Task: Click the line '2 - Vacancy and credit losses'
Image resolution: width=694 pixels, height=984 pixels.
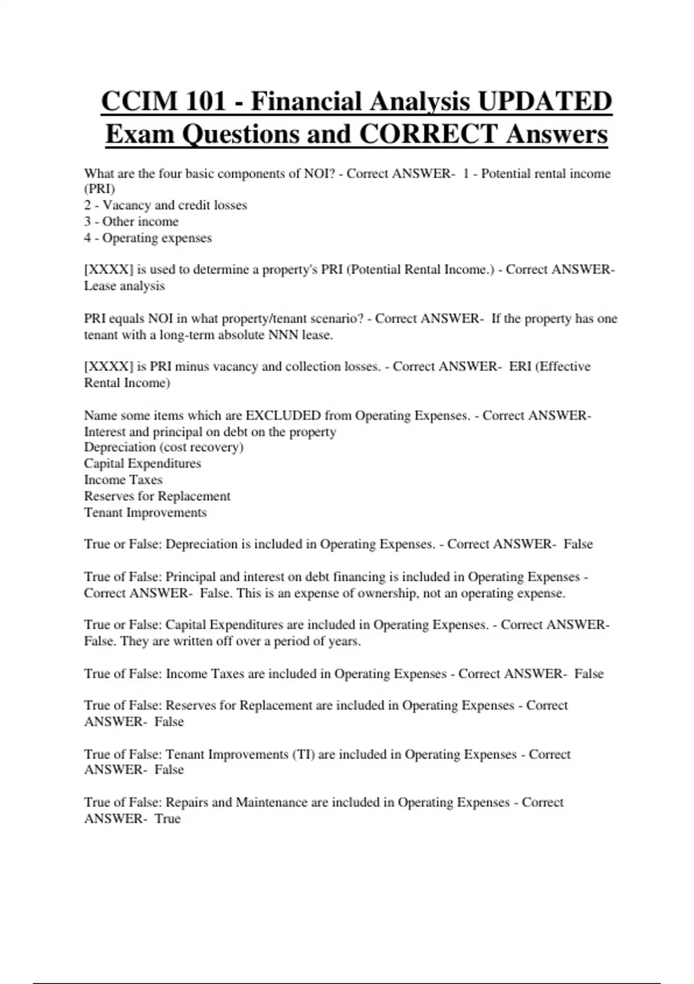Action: [165, 205]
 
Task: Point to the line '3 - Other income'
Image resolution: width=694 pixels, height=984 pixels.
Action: [131, 222]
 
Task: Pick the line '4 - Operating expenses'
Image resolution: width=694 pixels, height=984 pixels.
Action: [148, 238]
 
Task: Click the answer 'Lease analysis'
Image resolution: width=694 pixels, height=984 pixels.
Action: [124, 286]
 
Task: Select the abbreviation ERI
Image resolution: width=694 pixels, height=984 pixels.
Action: [520, 366]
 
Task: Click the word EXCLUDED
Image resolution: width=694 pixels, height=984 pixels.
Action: [283, 416]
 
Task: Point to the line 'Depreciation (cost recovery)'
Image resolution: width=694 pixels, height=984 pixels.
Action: [164, 447]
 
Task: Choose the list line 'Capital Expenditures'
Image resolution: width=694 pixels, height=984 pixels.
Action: [142, 464]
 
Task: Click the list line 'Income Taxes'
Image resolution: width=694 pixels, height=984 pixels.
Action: [123, 480]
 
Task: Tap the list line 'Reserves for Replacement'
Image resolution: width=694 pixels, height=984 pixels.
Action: [157, 496]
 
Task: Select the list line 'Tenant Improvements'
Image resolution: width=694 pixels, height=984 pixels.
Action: [145, 513]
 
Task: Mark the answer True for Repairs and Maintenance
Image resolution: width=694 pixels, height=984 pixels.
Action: [168, 819]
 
